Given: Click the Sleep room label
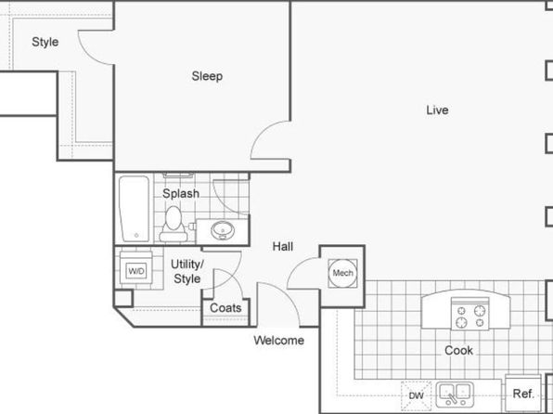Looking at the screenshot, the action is pyautogui.click(x=207, y=76).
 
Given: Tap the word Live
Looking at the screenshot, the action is pyautogui.click(x=437, y=110).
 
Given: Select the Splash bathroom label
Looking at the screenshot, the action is pyautogui.click(x=181, y=193).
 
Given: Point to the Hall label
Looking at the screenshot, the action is pyautogui.click(x=283, y=246).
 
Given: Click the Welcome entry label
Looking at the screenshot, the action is pyautogui.click(x=279, y=341).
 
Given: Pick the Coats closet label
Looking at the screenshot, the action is pyautogui.click(x=225, y=308).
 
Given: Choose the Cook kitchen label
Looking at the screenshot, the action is pyautogui.click(x=458, y=351).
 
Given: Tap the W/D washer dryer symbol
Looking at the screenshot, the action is pyautogui.click(x=136, y=271).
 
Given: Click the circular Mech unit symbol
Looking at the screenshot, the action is pyautogui.click(x=342, y=273).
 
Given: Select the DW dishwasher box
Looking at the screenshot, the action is pyautogui.click(x=417, y=395).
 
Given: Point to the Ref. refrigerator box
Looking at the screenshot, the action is pyautogui.click(x=523, y=393).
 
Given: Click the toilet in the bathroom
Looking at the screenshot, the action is pyautogui.click(x=174, y=225).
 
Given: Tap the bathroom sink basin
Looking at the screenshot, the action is pyautogui.click(x=223, y=230).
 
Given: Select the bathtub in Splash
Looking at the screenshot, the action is pyautogui.click(x=134, y=209).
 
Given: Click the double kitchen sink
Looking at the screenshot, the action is pyautogui.click(x=455, y=394).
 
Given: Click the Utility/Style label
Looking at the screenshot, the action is pyautogui.click(x=186, y=271).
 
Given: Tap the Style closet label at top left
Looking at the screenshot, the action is pyautogui.click(x=45, y=42).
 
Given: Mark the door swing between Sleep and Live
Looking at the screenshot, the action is pyautogui.click(x=262, y=131).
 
